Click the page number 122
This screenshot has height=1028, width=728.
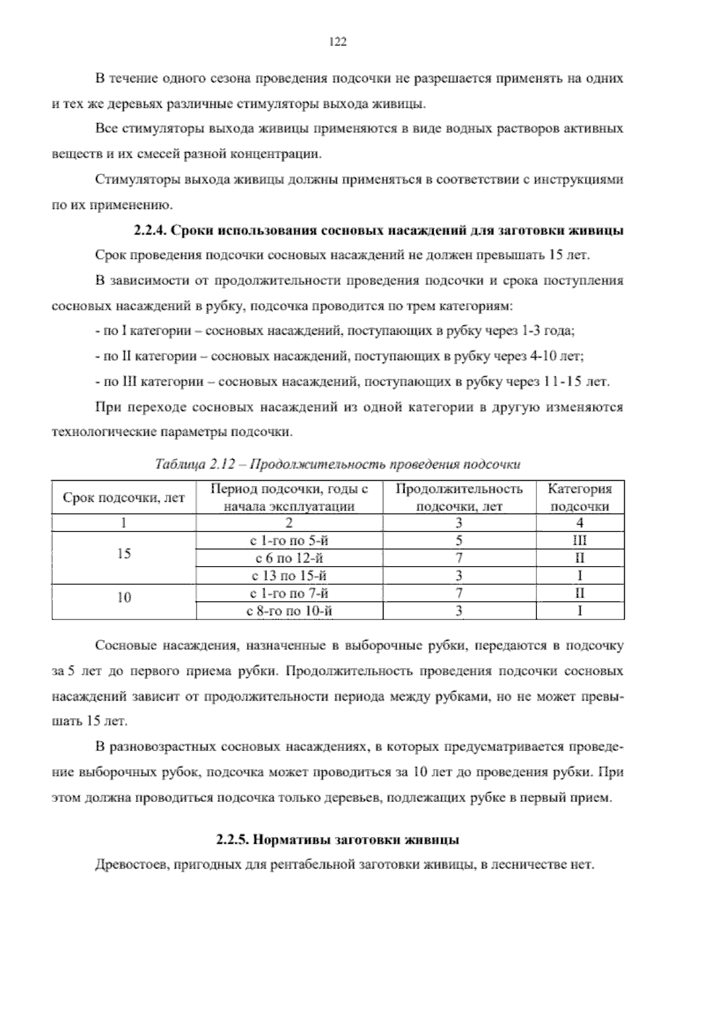click(337, 42)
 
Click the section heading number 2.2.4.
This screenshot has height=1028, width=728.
click(150, 230)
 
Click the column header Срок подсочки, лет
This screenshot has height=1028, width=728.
click(124, 498)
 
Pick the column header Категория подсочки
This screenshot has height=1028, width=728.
click(579, 498)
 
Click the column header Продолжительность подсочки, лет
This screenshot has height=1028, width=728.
click(459, 498)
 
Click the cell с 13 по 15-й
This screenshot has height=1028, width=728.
click(289, 576)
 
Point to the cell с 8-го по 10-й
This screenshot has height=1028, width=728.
click(289, 611)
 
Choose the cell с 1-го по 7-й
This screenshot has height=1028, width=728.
click(289, 593)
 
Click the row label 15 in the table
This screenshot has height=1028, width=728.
click(124, 553)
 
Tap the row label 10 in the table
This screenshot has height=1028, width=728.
click(124, 598)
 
